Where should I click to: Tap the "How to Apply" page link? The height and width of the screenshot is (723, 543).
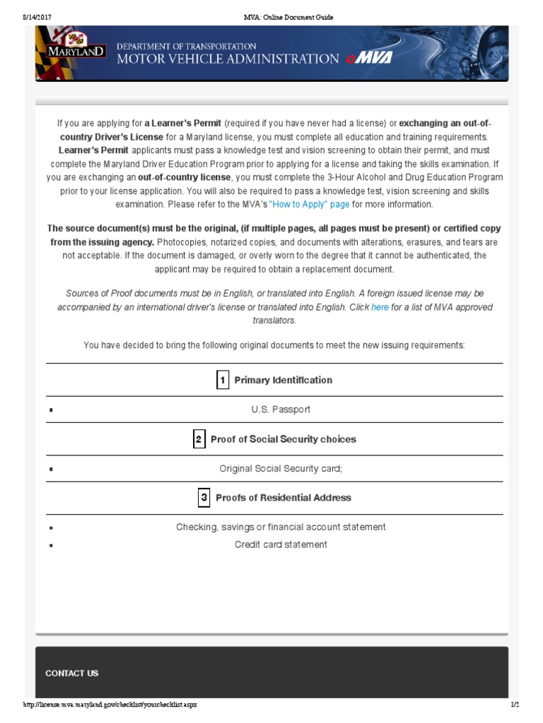click(x=309, y=204)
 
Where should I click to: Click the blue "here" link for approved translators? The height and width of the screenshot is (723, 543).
click(x=380, y=307)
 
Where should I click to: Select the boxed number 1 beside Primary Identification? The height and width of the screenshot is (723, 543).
click(x=222, y=380)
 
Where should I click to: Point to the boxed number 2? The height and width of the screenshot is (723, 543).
click(x=199, y=439)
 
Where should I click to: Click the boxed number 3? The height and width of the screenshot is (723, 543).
click(x=204, y=498)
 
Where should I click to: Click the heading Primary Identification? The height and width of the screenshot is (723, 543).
click(x=283, y=380)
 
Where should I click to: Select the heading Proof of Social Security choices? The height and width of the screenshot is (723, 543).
click(x=283, y=439)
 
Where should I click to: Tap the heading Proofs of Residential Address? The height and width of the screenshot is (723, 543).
click(x=283, y=498)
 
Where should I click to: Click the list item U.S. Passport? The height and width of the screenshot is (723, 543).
click(x=280, y=410)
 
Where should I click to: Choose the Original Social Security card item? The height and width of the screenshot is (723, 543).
click(x=280, y=468)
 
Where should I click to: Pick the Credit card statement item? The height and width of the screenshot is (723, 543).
click(x=281, y=544)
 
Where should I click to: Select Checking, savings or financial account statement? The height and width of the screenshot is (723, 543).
click(x=281, y=527)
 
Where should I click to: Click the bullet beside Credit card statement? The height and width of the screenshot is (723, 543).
click(x=51, y=545)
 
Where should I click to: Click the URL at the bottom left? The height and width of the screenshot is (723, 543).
click(x=110, y=705)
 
